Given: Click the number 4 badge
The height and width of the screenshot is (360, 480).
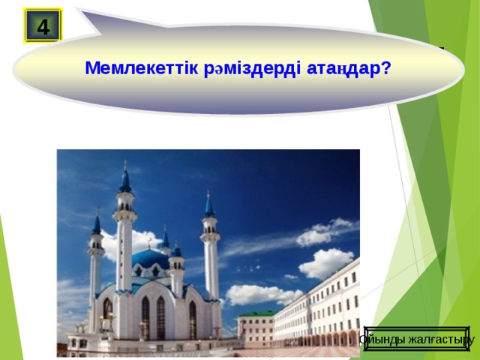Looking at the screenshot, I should [43, 26].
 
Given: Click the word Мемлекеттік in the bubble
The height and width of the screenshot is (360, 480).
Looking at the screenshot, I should [142, 69].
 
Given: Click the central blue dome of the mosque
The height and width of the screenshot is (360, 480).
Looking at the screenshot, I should [150, 259].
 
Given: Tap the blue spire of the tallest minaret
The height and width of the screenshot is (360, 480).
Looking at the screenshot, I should [125, 180].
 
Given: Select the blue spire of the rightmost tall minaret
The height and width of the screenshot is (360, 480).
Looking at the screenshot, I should [209, 204].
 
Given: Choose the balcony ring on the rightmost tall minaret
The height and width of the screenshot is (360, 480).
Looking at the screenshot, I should [210, 236].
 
